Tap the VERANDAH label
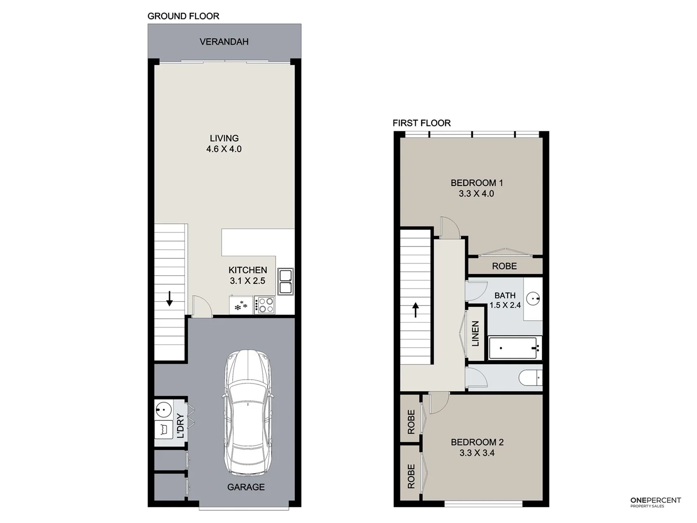coord(224,42)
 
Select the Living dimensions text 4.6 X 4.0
coord(224,149)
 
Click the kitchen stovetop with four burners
coord(265,305)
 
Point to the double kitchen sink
coord(285,281)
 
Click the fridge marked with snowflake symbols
coord(241,306)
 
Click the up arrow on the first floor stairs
coord(415,309)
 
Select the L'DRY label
coord(180,426)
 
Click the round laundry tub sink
coord(164,410)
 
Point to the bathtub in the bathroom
coord(515,348)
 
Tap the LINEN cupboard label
coord(475,334)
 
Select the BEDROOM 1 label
coord(477,183)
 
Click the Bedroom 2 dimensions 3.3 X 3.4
coord(477,453)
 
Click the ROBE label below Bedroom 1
coord(504,266)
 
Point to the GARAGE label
coord(246,487)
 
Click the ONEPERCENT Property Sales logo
coord(655,502)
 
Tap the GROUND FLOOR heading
coord(183,16)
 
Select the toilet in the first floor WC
coord(530,378)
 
